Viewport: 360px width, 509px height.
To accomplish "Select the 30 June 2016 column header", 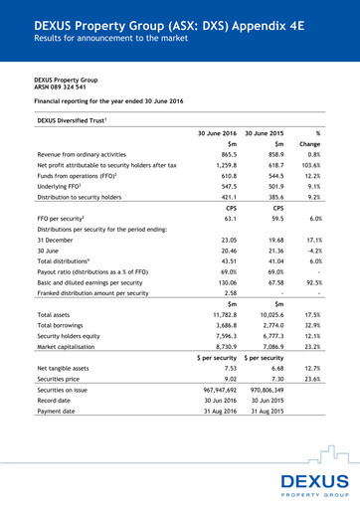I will tap(214, 132).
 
